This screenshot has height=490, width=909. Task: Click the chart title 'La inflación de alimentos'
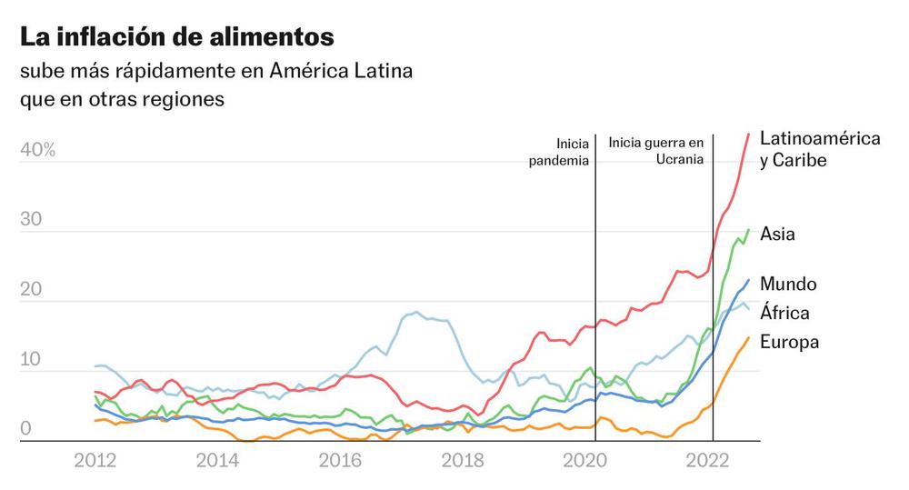pyautogui.click(x=176, y=37)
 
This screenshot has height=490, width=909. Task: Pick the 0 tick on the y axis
pyautogui.click(x=26, y=428)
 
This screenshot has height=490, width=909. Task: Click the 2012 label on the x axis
pyautogui.click(x=95, y=461)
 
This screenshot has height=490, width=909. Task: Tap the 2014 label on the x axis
pyautogui.click(x=218, y=461)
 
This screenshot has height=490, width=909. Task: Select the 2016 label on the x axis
pyautogui.click(x=342, y=461)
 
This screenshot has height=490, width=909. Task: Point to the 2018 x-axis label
pyautogui.click(x=464, y=461)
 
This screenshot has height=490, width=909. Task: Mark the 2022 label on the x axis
pyautogui.click(x=712, y=461)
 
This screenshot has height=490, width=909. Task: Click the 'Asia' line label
pyautogui.click(x=777, y=235)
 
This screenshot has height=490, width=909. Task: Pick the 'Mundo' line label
pyautogui.click(x=787, y=284)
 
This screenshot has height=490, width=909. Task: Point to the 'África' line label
pyautogui.click(x=784, y=314)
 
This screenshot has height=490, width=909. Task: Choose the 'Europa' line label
pyautogui.click(x=789, y=342)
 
